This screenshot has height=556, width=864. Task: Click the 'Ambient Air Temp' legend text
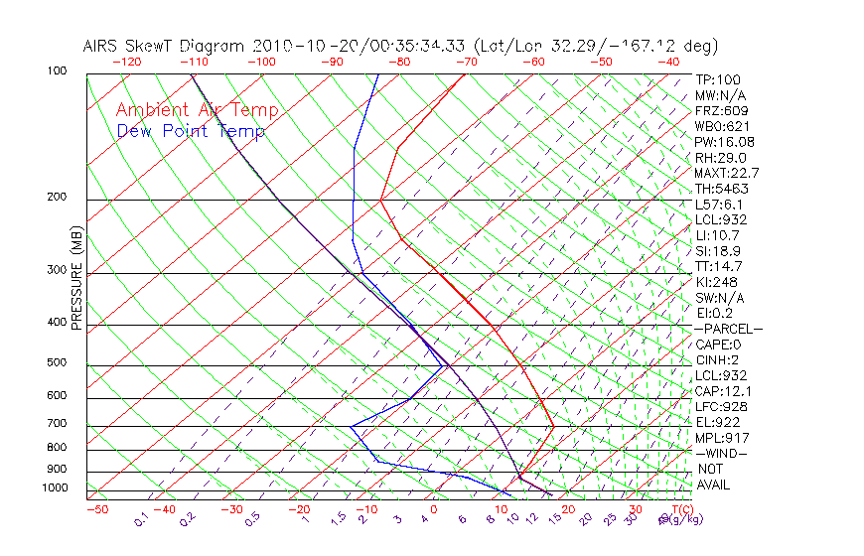pyautogui.click(x=197, y=110)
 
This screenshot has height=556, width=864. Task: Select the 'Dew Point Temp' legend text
pyautogui.click(x=191, y=131)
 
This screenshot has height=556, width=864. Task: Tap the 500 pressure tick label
pyautogui.click(x=57, y=363)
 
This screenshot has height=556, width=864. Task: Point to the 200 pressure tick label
pyautogui.click(x=57, y=198)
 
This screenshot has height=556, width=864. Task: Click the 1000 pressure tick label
pyautogui.click(x=54, y=487)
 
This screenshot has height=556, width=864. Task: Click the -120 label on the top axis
pyautogui.click(x=126, y=62)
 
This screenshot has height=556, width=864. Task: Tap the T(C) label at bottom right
pyautogui.click(x=679, y=509)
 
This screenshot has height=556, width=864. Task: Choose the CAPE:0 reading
pyautogui.click(x=718, y=345)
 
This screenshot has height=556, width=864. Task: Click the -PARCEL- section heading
pyautogui.click(x=728, y=329)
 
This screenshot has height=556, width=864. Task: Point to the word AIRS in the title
pyautogui.click(x=102, y=46)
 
